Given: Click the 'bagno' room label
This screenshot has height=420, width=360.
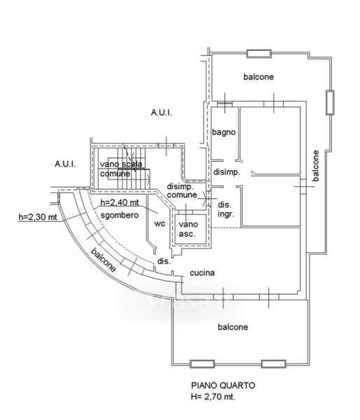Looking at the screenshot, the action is (x=224, y=132).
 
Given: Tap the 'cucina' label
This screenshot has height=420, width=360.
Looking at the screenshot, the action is (x=202, y=273).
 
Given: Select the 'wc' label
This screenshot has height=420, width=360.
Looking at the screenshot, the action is (x=160, y=223).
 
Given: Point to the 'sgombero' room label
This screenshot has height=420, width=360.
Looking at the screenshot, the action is (x=120, y=215).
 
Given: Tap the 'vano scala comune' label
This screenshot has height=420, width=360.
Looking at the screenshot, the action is (x=121, y=169).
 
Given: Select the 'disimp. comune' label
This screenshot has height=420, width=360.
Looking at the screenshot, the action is (x=182, y=190).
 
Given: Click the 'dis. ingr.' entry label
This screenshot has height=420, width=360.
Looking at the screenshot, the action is (x=226, y=209).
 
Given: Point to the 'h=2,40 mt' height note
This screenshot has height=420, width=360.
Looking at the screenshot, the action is (x=120, y=202).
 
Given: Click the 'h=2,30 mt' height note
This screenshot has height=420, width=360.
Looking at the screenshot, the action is (x=38, y=217).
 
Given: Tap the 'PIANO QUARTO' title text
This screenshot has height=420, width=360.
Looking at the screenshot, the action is (x=223, y=386).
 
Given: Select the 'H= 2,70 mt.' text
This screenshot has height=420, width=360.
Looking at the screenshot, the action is (x=214, y=396).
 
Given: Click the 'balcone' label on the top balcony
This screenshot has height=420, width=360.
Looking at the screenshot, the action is (x=258, y=77).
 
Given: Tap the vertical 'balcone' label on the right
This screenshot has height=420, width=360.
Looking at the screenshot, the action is (x=316, y=165).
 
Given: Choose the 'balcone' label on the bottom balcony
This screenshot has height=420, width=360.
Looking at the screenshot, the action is (x=233, y=327).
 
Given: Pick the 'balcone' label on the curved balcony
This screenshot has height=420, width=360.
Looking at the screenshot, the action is (x=104, y=260).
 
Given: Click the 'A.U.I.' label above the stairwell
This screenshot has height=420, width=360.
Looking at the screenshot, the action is (x=161, y=113).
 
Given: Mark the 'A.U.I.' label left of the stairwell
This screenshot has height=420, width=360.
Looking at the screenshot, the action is (x=65, y=164).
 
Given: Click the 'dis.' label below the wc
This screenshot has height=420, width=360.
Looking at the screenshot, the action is (x=164, y=261).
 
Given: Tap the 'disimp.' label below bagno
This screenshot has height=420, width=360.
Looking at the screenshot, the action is (x=226, y=172).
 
